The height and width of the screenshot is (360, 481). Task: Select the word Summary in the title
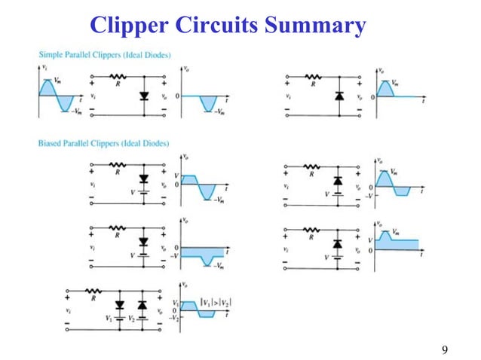320,26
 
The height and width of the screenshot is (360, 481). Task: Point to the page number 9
445,349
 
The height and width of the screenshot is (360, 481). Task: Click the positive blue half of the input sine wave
48,88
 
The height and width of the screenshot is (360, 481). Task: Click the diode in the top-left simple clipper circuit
144,96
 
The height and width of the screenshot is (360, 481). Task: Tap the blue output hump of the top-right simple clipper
388,88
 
